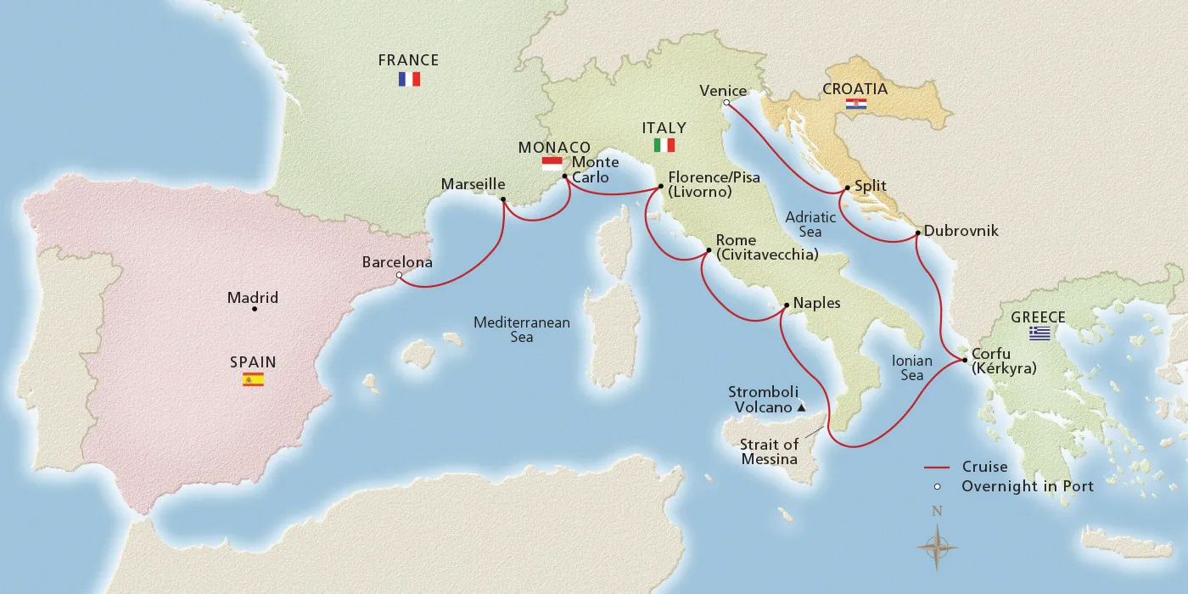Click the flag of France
coord(409,79)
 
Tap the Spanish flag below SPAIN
coord(253,379)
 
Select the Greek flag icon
coord(1039,333)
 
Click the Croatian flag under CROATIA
coord(856,104)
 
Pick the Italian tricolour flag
coord(664,145)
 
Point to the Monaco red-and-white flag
coord(552,163)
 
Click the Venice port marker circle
coord(726,104)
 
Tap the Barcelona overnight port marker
coord(400,275)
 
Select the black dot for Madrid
coord(255,309)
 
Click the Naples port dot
coord(786,305)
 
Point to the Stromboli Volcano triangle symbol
coord(800,408)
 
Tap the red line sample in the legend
coord(936,468)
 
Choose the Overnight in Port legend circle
coord(937,487)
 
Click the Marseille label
coord(473,184)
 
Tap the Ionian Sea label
coord(912,367)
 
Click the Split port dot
coord(847,188)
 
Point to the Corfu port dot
coord(966,361)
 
